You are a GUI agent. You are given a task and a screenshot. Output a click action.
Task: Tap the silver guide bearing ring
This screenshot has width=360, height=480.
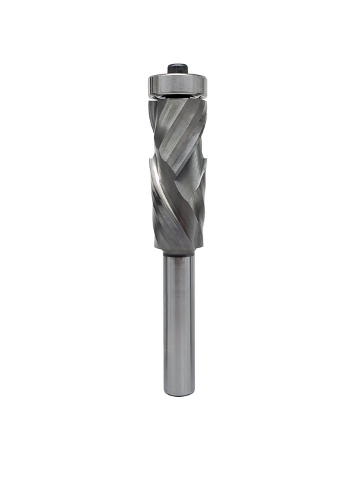178,84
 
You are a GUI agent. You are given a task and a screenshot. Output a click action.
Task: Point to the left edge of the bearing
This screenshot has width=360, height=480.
149,84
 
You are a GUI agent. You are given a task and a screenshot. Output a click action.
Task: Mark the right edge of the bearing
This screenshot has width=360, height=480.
209,84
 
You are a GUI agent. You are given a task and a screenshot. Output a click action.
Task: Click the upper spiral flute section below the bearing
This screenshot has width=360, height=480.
179,128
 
